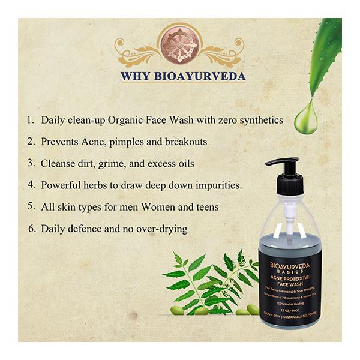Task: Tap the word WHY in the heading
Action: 135,77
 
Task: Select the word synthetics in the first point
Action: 259,120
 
